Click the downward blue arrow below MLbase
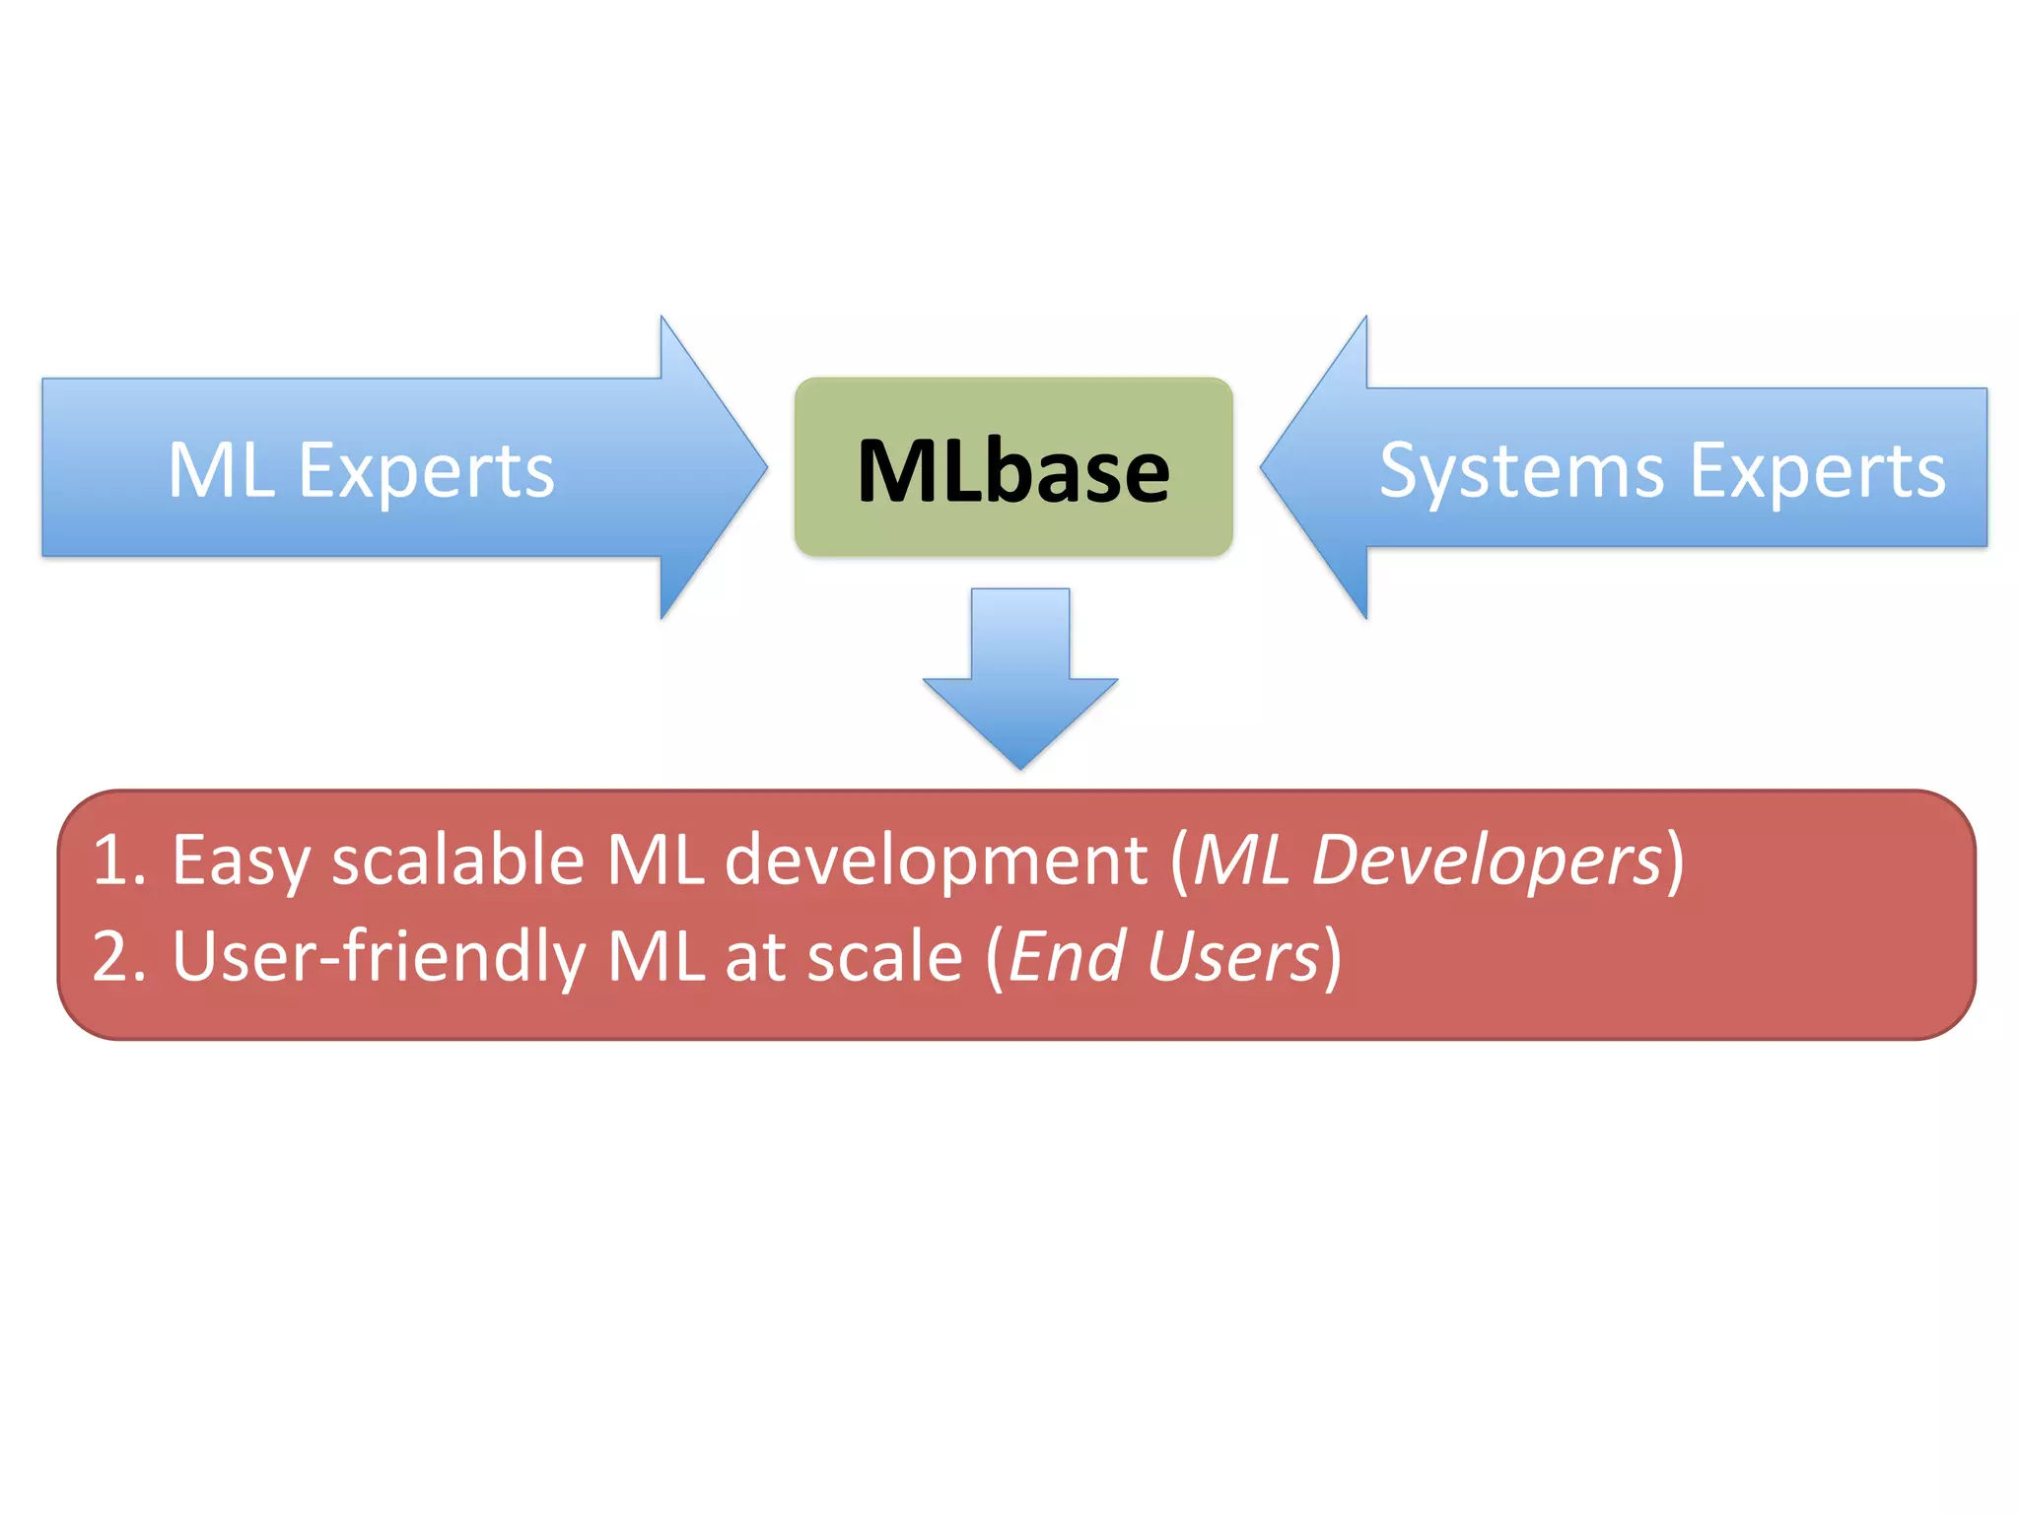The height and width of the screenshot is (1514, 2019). (1020, 680)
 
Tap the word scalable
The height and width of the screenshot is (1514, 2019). (458, 860)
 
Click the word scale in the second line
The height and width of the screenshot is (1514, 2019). (884, 956)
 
